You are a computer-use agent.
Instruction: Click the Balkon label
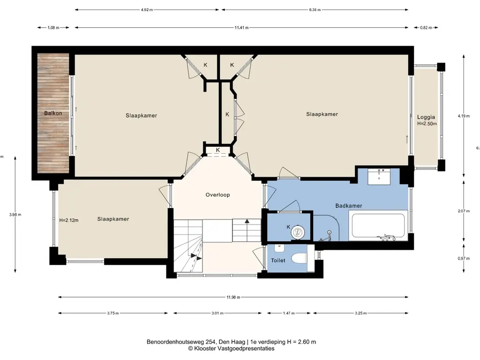click(x=53, y=113)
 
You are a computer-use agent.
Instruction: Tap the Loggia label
click(x=426, y=117)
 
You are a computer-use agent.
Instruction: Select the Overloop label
click(x=217, y=195)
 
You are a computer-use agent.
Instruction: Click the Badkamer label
click(x=349, y=206)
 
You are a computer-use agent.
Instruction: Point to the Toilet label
click(x=278, y=261)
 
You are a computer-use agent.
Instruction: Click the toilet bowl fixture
click(x=299, y=258)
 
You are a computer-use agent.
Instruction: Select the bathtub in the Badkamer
click(x=378, y=225)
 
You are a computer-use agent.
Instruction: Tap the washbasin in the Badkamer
click(x=379, y=177)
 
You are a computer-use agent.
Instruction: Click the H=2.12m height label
click(x=69, y=220)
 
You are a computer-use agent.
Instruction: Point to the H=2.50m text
click(x=427, y=124)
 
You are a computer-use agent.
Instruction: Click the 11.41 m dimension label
click(x=241, y=28)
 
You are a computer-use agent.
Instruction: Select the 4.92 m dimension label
click(x=147, y=10)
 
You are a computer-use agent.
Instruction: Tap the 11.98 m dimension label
click(x=233, y=297)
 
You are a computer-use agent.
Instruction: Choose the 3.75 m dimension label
click(x=113, y=313)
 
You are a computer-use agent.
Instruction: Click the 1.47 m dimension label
click(x=289, y=313)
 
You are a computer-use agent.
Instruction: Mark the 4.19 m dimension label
click(x=464, y=116)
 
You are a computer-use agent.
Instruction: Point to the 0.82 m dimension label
click(x=426, y=28)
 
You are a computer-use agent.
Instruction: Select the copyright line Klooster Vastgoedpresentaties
click(x=231, y=348)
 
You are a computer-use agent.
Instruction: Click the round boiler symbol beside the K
click(x=297, y=232)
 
